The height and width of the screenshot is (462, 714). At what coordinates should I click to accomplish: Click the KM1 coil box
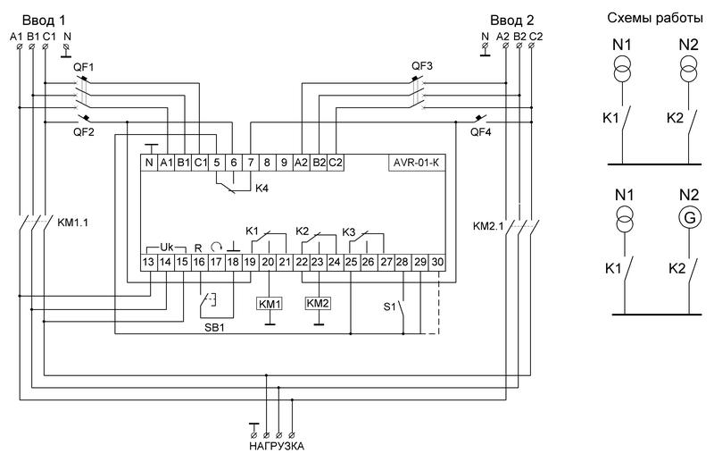pos(270,304)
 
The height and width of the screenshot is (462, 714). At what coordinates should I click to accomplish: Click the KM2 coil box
pos(318,303)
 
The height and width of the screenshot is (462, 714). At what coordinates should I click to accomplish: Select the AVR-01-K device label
pos(417,163)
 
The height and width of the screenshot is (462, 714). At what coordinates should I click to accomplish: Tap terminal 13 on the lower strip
pos(148,262)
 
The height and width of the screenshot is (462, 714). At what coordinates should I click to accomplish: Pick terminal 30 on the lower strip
pos(437,262)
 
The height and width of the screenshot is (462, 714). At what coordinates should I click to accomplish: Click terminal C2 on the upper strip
pos(336,163)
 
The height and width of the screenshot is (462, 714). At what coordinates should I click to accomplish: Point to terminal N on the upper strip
pos(149,163)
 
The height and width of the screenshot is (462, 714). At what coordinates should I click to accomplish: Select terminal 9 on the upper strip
pos(284,163)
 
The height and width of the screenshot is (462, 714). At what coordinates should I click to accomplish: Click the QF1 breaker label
pos(84,67)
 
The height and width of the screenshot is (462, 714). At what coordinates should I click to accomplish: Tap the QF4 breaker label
pos(481,132)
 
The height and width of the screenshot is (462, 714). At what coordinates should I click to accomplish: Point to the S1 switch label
pos(389,307)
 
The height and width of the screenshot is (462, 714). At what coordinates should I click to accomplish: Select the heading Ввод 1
pos(44,20)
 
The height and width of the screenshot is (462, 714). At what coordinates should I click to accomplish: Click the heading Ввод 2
pos(511,20)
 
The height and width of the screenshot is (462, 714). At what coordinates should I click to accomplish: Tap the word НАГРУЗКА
pos(277,446)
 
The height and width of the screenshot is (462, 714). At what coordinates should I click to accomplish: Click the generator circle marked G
pos(690,217)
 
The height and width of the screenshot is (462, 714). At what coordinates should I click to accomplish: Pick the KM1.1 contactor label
pos(73,223)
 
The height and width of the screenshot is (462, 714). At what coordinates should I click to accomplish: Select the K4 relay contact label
pos(262,188)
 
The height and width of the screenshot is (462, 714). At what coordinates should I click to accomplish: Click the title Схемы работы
pos(655,18)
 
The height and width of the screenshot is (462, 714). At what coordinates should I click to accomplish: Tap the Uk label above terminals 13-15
pos(167,248)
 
